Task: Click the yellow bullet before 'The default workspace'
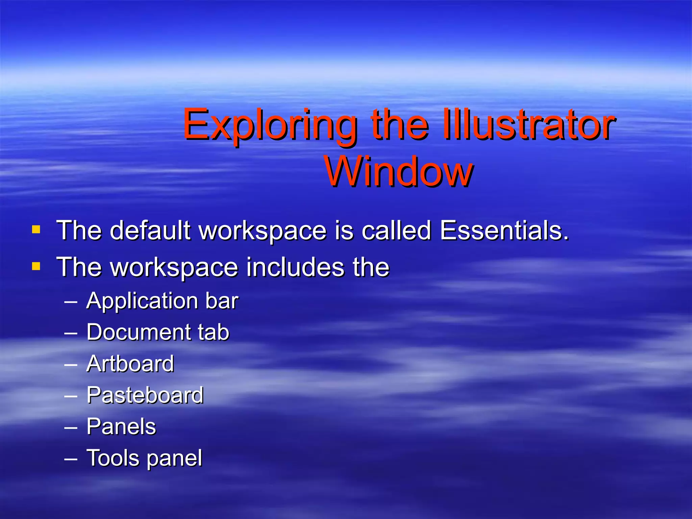click(x=36, y=230)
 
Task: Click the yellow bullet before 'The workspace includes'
click(x=36, y=267)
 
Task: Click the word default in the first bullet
click(x=150, y=230)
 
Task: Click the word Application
click(x=142, y=301)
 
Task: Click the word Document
click(x=138, y=332)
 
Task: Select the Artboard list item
click(x=130, y=364)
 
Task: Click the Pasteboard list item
click(x=145, y=395)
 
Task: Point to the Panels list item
click(x=121, y=426)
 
